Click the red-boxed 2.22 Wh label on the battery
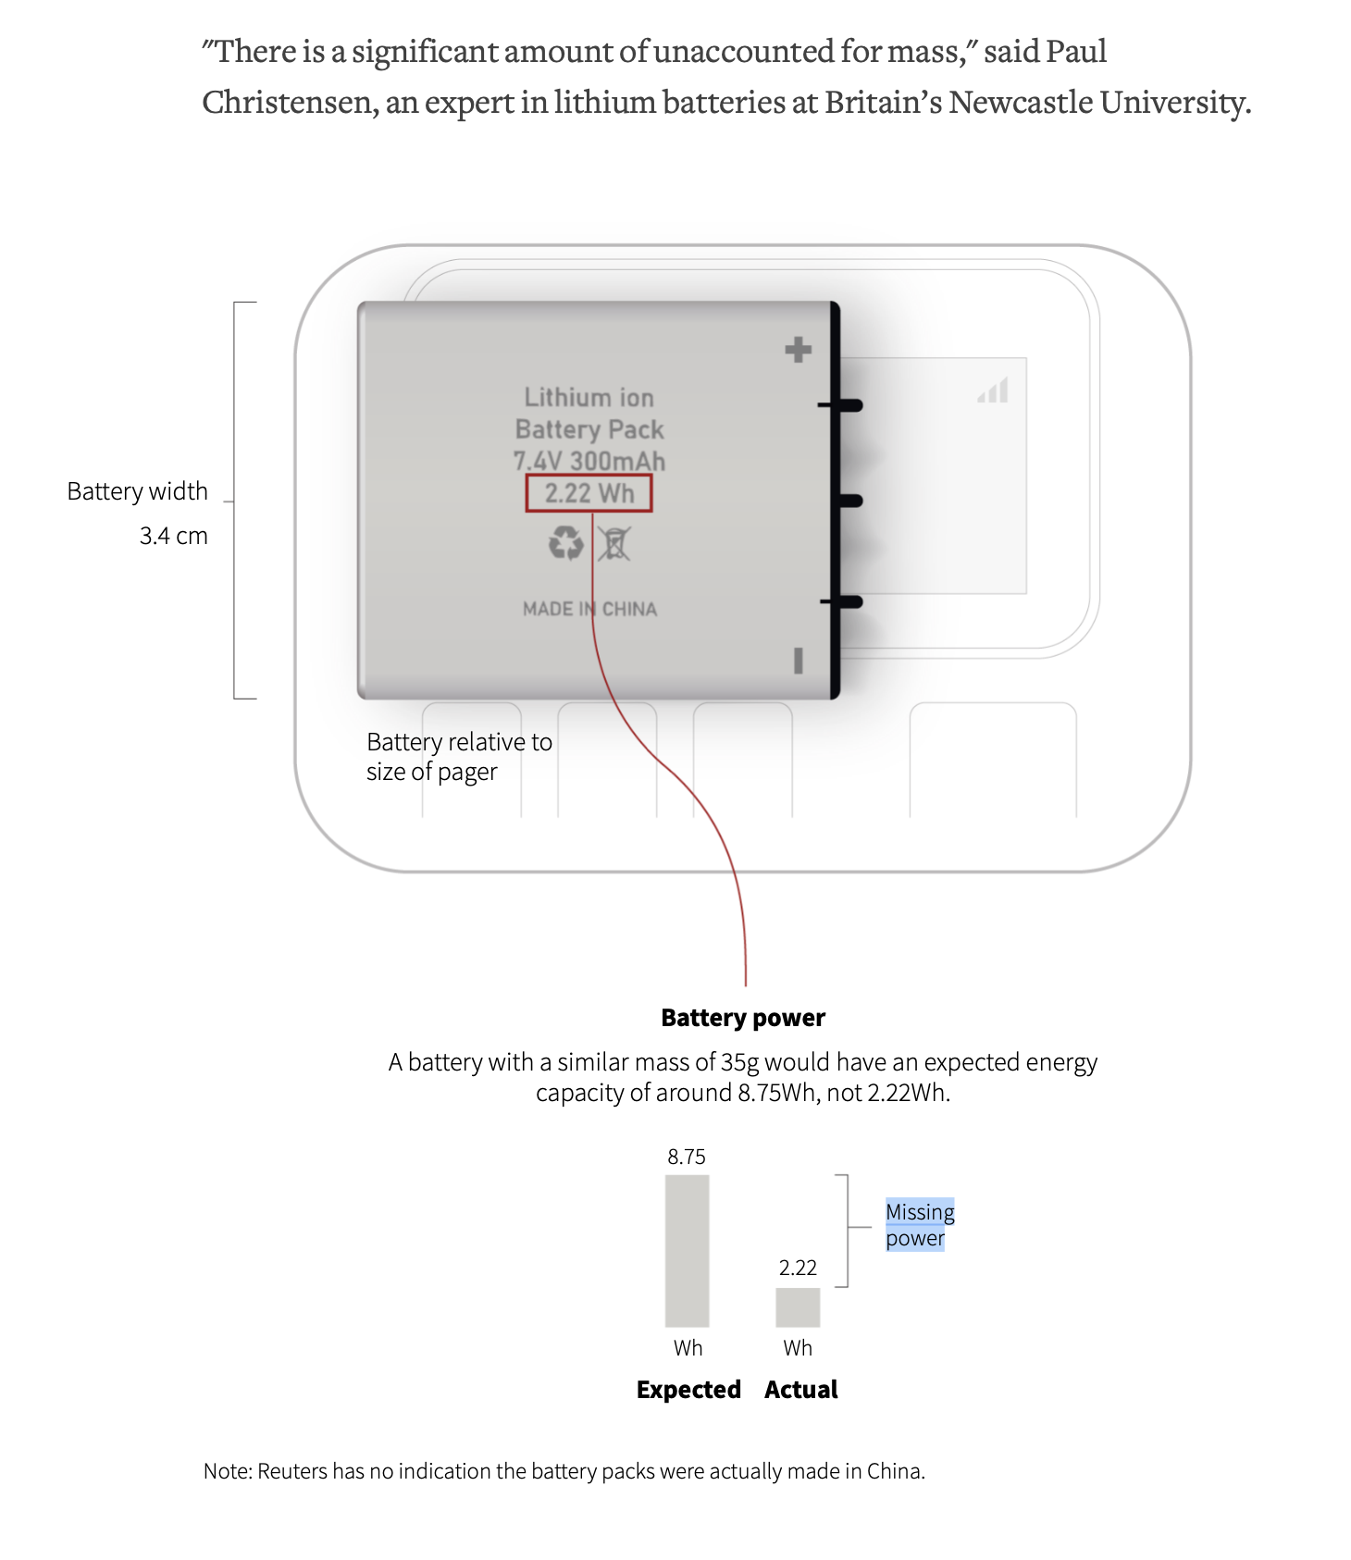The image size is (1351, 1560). (x=589, y=493)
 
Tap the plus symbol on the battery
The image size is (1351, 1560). (x=798, y=350)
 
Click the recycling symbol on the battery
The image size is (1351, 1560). (x=565, y=543)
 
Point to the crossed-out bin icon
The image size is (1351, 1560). (x=614, y=544)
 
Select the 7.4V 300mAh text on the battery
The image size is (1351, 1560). (x=589, y=461)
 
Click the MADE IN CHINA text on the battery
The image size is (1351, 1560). (x=590, y=609)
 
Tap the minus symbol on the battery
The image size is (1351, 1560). (x=798, y=661)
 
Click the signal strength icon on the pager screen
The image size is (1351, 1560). (x=993, y=390)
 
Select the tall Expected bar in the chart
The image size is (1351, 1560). (x=687, y=1251)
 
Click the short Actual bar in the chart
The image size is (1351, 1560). (x=798, y=1307)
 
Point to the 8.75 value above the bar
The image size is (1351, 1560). (x=687, y=1157)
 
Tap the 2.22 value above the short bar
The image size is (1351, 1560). (x=798, y=1268)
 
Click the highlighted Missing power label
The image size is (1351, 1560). (x=920, y=1225)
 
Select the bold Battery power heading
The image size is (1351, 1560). (x=743, y=1018)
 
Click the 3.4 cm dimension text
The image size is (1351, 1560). (x=173, y=536)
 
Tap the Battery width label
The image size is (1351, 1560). (x=137, y=491)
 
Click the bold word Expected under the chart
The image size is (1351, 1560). (x=688, y=1390)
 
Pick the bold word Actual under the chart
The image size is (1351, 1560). (x=801, y=1390)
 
